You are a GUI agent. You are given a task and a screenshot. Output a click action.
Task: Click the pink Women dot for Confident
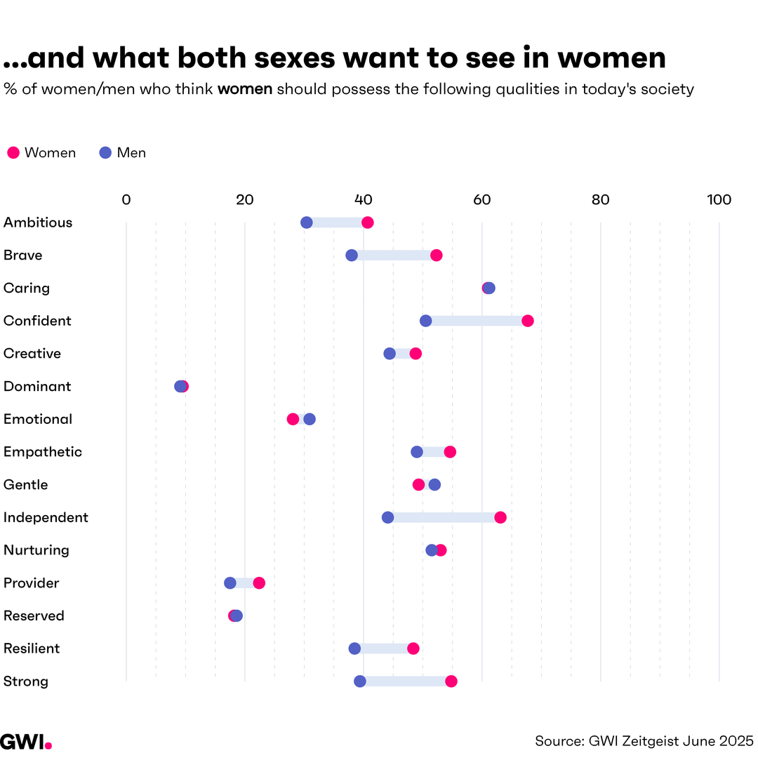tap(528, 321)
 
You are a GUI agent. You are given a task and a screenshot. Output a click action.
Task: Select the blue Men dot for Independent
tap(387, 517)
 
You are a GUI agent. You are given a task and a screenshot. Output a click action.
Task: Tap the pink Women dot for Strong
tap(451, 681)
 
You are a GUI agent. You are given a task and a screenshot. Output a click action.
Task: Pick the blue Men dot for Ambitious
tap(307, 222)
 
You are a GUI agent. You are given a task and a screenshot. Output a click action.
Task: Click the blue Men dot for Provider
tap(230, 583)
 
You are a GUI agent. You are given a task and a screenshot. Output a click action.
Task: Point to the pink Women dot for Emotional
tap(293, 419)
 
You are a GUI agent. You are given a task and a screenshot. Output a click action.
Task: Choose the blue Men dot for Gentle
tap(434, 485)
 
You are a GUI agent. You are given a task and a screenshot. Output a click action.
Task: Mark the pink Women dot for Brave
tap(437, 255)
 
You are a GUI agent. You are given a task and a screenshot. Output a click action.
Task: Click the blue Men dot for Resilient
tap(354, 649)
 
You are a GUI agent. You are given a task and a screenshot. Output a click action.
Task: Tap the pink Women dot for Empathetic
tap(450, 452)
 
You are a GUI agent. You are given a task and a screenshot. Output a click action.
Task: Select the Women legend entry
tap(41, 153)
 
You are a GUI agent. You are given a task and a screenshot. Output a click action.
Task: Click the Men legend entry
tap(123, 153)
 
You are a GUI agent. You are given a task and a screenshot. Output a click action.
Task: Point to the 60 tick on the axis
tap(481, 200)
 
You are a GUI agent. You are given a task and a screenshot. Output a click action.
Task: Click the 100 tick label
tap(719, 200)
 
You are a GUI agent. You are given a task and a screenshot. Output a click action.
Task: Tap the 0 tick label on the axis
tap(126, 200)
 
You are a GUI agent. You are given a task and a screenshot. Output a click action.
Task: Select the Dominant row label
tap(37, 387)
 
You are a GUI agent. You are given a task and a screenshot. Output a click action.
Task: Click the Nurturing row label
tap(36, 550)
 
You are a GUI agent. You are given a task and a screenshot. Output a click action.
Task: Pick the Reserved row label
tap(34, 616)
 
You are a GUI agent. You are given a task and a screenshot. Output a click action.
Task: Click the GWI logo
tap(25, 740)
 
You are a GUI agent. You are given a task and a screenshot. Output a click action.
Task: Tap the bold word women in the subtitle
tap(245, 90)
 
